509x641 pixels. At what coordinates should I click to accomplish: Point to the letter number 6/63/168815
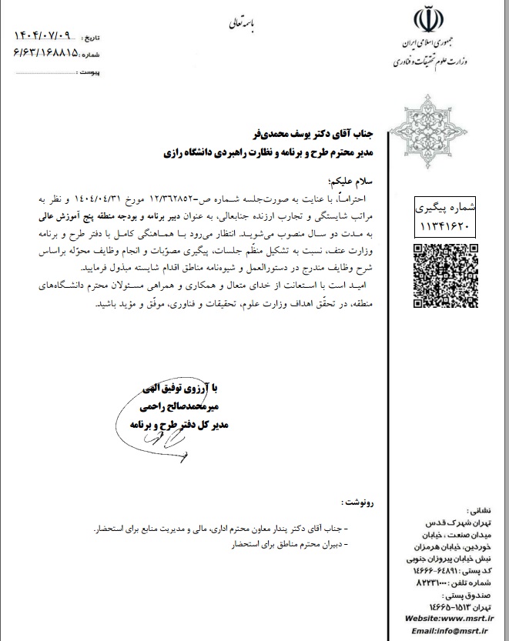[46, 53]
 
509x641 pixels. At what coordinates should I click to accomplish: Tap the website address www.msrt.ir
[463, 617]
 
